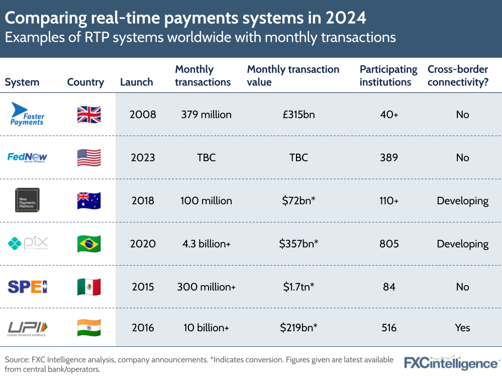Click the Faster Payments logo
28,114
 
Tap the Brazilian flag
89,244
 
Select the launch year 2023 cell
143,158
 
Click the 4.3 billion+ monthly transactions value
206,244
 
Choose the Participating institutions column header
388,76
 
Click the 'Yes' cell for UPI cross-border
462,328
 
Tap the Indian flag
89,328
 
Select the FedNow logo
28,158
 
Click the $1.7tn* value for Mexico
298,287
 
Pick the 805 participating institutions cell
389,244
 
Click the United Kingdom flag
89,114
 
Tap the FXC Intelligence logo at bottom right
452,363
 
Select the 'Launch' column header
136,82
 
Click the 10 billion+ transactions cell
206,328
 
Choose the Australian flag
89,201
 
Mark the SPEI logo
28,287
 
